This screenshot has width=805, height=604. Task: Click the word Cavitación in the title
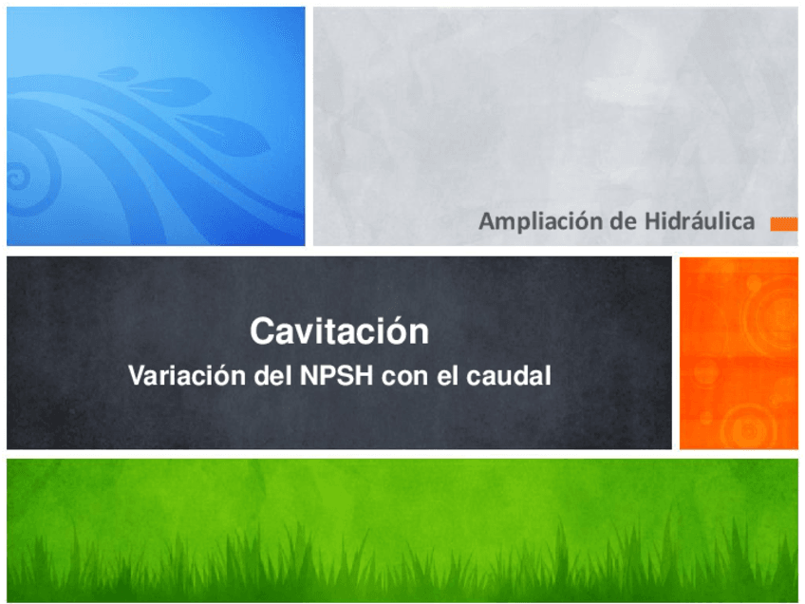pyautogui.click(x=339, y=332)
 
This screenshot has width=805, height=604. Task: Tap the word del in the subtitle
pyautogui.click(x=270, y=376)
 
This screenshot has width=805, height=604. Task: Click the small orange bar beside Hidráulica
pyautogui.click(x=783, y=223)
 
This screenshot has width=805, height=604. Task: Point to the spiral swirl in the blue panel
pyautogui.click(x=19, y=176)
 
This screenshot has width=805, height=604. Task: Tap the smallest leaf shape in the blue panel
pyautogui.click(x=119, y=72)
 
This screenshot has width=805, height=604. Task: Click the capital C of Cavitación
pyautogui.click(x=261, y=332)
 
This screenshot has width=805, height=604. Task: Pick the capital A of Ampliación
pyautogui.click(x=486, y=222)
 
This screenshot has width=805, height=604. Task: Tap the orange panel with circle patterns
pyautogui.click(x=739, y=351)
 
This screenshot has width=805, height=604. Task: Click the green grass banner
pyautogui.click(x=402, y=529)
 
